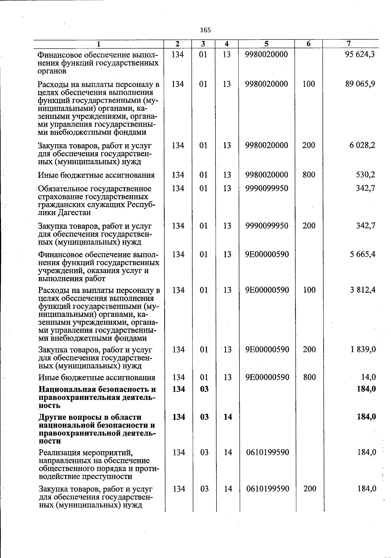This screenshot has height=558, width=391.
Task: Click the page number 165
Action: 206,30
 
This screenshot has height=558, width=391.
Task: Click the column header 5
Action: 266,44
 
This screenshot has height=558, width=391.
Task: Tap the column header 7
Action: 349,44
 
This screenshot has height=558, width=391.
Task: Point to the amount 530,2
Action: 365,175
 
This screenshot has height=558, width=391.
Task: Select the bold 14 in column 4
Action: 228,417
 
